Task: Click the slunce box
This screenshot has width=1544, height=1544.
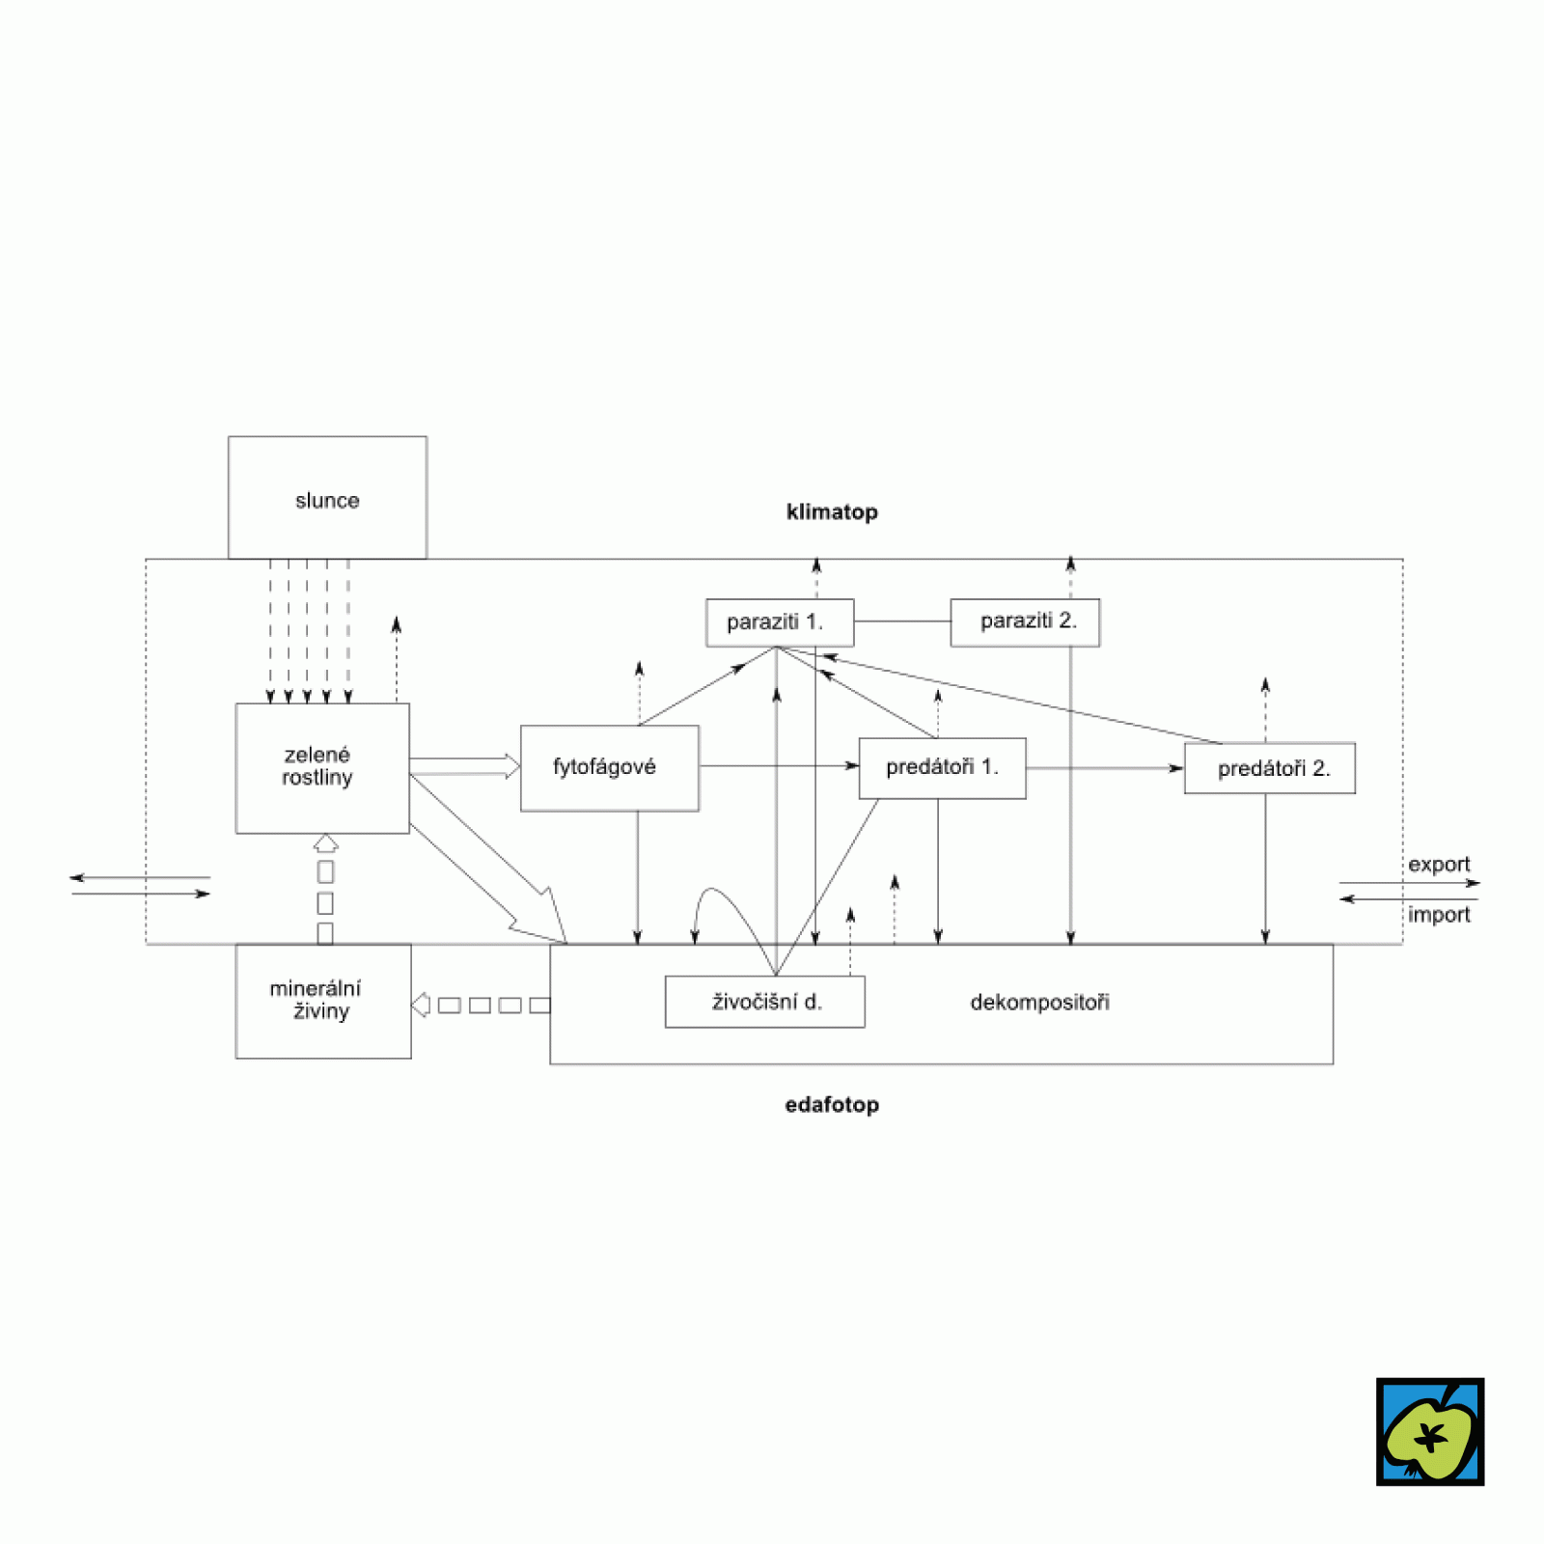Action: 327,498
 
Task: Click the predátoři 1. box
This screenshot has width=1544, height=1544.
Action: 942,768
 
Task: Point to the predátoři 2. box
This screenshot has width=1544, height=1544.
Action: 1270,768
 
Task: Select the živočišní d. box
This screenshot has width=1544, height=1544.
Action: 764,1002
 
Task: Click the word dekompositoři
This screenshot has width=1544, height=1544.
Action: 1039,1003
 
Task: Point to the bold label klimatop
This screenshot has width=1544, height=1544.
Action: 832,512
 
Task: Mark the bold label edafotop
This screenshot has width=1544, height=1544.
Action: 832,1105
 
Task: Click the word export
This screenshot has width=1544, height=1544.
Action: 1438,865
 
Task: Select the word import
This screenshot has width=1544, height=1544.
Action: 1438,915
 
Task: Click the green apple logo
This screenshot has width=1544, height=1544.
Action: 1430,1432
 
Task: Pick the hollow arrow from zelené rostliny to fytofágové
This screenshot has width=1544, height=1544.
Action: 464,767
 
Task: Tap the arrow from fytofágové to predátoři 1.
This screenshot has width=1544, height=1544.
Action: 778,766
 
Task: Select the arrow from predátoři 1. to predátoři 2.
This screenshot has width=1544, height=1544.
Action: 1104,768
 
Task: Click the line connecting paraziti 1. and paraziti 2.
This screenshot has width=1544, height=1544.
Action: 902,621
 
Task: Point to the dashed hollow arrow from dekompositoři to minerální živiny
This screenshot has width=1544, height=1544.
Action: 481,1006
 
